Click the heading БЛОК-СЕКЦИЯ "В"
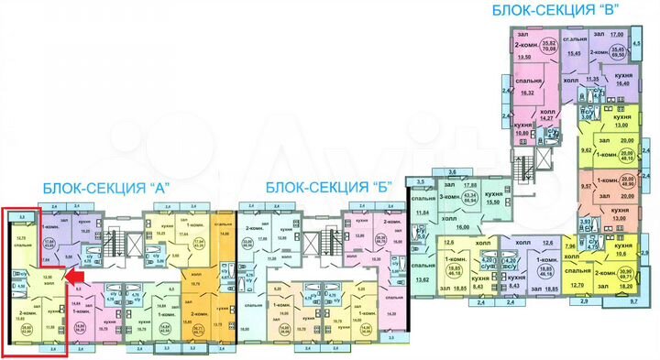pyautogui.click(x=556, y=11)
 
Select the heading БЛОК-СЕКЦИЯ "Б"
pyautogui.click(x=329, y=187)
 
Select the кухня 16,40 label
pyautogui.click(x=623, y=80)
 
